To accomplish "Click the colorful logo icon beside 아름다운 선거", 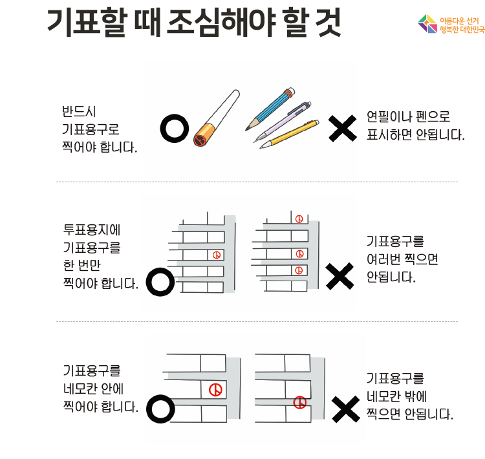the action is (x=428, y=24).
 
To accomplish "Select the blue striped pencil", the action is (x=270, y=109).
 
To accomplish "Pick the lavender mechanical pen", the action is (x=282, y=122).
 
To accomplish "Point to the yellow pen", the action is (x=289, y=134).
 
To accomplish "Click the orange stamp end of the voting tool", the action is (x=204, y=135).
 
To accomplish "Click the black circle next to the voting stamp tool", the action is (x=175, y=129).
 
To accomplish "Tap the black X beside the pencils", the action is (x=342, y=129).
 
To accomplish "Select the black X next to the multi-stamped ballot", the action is (x=339, y=276).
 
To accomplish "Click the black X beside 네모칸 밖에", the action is (x=346, y=409).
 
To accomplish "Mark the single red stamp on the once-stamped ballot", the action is (x=217, y=255).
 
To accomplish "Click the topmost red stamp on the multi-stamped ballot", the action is (x=299, y=219).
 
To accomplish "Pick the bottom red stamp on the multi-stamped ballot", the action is (x=299, y=270).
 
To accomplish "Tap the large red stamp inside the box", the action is (x=215, y=390).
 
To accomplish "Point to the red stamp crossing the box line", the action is (x=299, y=402).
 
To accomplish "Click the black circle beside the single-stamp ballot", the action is (x=160, y=282).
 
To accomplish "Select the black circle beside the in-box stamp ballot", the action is (x=160, y=409).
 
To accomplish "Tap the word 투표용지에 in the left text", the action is (x=92, y=229).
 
